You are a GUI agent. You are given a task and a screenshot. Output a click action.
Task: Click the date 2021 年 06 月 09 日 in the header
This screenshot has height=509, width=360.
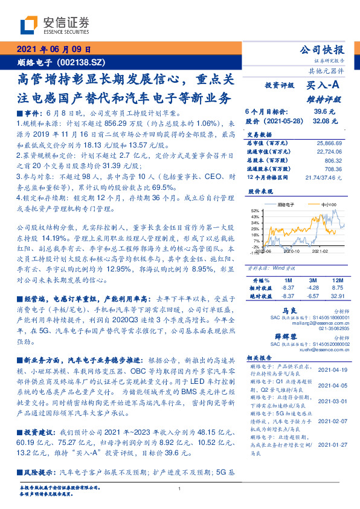pos(54,50)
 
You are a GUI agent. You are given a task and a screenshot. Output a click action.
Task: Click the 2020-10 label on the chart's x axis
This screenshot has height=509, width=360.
pos(291,250)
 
